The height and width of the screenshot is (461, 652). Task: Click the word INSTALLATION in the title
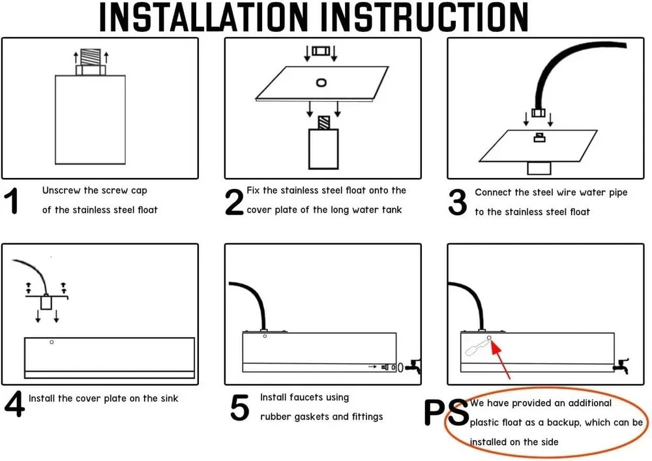tap(201, 18)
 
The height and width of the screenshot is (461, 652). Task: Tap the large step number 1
tap(12, 202)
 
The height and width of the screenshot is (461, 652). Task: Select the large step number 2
tap(234, 202)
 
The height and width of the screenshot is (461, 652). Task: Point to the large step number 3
tap(458, 203)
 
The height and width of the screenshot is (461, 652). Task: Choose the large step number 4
tap(14, 404)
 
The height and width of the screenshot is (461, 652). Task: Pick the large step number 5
tap(240, 408)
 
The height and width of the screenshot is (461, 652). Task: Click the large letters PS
tap(446, 413)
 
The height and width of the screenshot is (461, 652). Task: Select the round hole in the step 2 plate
tap(321, 82)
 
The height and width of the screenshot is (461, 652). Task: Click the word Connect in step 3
tap(493, 192)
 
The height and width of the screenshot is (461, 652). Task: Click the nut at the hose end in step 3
tap(538, 113)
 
